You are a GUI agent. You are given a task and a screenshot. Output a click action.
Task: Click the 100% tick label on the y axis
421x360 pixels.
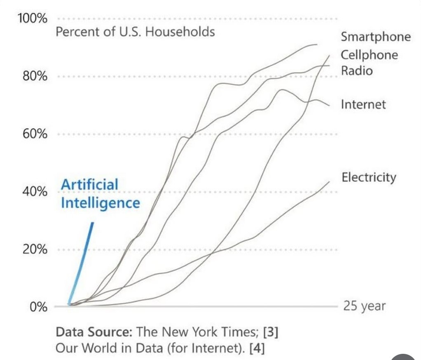[x=32, y=19]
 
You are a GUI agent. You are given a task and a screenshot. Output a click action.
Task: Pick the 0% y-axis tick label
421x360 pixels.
[x=37, y=307]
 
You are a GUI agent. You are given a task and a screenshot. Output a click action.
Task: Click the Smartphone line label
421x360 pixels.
[x=376, y=37]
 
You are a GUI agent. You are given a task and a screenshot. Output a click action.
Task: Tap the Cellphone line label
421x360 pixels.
[x=370, y=55]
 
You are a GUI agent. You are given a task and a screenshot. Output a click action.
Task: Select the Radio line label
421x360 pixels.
[x=357, y=71]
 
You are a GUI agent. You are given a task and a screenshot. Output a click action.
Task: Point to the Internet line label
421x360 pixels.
[x=363, y=104]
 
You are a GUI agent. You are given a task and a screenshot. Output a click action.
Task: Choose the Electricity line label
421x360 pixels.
[x=369, y=177]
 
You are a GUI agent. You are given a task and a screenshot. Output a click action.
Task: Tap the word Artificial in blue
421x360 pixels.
[x=89, y=184]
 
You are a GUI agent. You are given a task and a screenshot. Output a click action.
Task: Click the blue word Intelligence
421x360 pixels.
[x=100, y=203]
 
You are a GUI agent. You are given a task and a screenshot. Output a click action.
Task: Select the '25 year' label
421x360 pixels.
[x=364, y=306]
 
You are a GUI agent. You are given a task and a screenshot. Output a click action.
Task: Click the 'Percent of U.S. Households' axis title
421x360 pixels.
[x=135, y=32]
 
